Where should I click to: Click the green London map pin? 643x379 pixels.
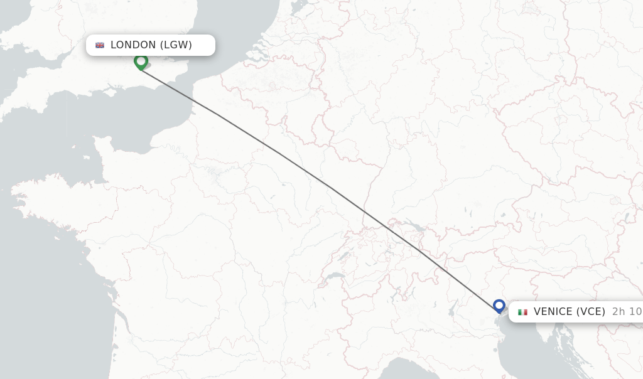coord(141,61)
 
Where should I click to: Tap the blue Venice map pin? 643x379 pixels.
coord(499,306)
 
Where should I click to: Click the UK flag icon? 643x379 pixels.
coord(100,45)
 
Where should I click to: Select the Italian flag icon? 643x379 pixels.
coord(522,312)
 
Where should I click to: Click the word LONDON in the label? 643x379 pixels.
coord(133,45)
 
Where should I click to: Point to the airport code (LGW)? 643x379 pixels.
coord(176,45)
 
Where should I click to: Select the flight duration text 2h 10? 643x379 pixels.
coord(627,312)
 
